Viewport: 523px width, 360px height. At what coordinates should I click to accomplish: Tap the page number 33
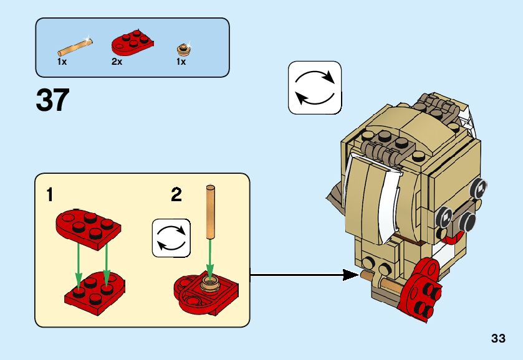497,338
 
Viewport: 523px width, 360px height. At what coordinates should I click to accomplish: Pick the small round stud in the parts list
183,49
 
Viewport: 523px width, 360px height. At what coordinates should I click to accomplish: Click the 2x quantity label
117,62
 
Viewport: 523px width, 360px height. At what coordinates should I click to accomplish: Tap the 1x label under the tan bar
62,62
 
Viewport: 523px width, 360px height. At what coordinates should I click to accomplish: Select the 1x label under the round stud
181,62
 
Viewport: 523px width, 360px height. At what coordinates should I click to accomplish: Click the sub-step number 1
49,196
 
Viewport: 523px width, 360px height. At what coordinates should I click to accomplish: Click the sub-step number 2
176,196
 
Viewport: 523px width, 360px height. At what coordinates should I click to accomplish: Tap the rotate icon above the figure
315,88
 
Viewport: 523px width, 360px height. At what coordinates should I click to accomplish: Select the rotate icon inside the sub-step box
171,237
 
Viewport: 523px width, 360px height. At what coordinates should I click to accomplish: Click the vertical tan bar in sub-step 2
210,212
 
